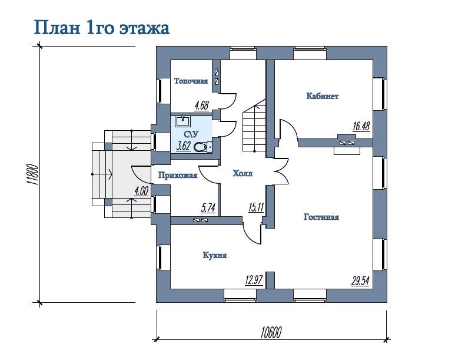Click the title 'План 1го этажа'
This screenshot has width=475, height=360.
coord(101,28)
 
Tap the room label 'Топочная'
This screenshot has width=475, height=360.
coord(191,81)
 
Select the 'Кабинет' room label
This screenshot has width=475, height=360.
coord(323,96)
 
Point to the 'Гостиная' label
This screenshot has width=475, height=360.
coord(321,217)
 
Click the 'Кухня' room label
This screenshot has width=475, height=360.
coord(215,255)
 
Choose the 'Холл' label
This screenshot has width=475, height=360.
coord(243,173)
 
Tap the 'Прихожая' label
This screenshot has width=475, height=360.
coord(178,176)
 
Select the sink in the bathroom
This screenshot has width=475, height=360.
coord(182,121)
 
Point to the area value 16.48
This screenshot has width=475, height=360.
coord(361,126)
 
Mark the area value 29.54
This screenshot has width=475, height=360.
coord(360,280)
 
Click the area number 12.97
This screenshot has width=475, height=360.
coord(254,280)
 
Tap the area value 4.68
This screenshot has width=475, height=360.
coord(201,105)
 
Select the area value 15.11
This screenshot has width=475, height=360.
coord(256,207)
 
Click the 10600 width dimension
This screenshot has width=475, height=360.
coord(271,332)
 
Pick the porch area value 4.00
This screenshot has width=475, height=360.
coord(141,191)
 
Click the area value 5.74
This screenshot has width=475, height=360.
coord(208,208)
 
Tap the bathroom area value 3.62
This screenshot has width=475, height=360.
coord(183,147)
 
